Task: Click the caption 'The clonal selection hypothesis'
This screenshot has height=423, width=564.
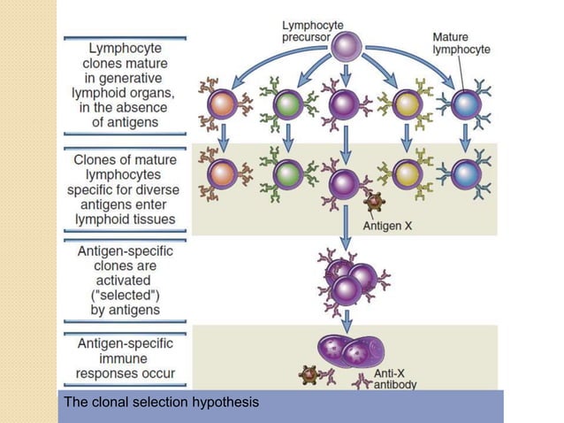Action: (161, 404)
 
